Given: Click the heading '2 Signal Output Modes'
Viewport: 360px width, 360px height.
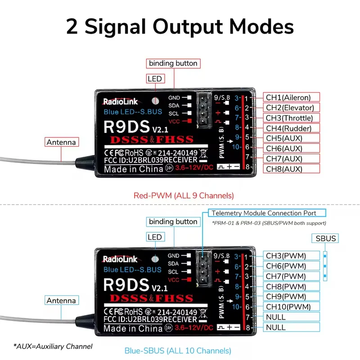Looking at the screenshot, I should click(180, 27).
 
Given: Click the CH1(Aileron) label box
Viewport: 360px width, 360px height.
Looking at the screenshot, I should click(292, 97).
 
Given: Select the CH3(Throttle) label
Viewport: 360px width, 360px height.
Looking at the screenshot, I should click(292, 118).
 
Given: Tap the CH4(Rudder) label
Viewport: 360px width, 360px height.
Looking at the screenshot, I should click(292, 128).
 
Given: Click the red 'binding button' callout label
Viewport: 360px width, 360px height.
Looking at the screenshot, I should click(173, 63).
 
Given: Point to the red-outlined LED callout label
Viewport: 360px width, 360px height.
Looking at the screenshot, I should click(154, 79).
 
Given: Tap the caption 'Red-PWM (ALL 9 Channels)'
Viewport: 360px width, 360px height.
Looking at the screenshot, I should click(184, 196).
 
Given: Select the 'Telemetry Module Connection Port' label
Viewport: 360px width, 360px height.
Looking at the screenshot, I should click(264, 213).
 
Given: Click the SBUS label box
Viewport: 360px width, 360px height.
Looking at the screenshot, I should click(325, 238).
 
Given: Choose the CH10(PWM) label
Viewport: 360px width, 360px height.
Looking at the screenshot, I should click(292, 307).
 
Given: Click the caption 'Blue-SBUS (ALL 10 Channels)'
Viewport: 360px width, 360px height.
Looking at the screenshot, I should click(177, 350).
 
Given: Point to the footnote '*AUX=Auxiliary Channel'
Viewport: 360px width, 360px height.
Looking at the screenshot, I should click(53, 346).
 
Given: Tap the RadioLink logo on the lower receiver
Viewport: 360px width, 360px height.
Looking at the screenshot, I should click(120, 259).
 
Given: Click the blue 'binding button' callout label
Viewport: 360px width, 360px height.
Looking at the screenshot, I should click(173, 222).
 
